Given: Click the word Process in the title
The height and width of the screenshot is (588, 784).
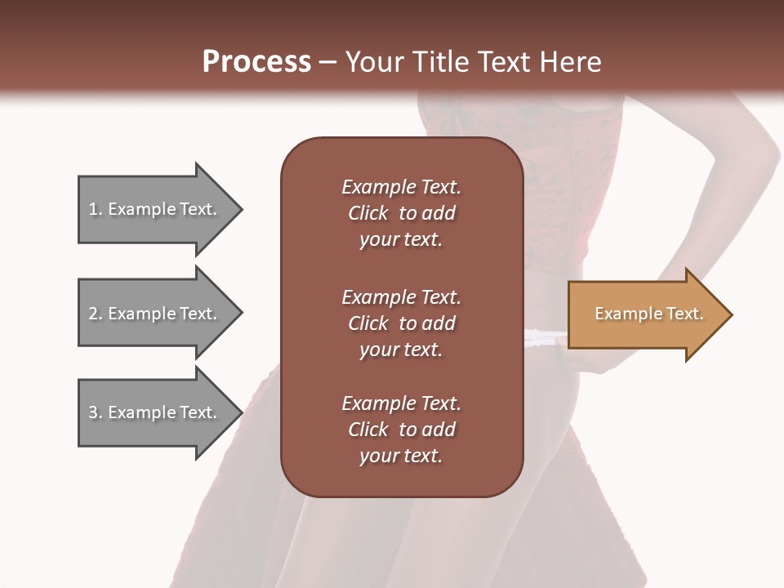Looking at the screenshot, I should [256, 61].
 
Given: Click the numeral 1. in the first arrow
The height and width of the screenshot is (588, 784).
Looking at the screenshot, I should [96, 210].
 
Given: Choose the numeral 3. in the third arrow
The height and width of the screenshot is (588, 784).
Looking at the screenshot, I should [96, 413].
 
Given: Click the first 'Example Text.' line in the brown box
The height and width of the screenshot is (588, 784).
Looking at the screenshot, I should [401, 187].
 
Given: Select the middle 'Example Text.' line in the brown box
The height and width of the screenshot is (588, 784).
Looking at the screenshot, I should [401, 297].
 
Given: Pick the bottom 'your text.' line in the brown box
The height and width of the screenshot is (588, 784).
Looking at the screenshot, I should [401, 457].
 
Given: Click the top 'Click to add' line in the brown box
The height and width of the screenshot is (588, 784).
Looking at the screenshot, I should [401, 214].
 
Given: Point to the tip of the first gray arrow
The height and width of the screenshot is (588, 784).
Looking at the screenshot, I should [241, 210].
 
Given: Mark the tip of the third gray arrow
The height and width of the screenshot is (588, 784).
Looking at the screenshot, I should [241, 412].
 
